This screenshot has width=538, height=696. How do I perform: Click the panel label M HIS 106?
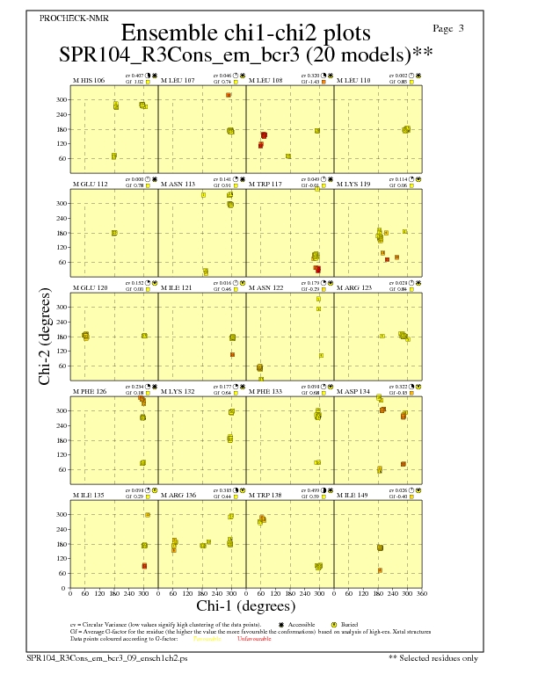click(x=89, y=80)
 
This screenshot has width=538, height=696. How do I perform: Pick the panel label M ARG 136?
click(x=178, y=495)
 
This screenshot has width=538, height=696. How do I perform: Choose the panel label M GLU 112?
click(x=90, y=184)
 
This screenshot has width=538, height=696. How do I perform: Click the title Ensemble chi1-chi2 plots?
click(x=239, y=33)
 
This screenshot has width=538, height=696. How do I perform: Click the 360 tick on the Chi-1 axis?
click(x=422, y=594)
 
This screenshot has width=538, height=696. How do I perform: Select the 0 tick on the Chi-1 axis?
click(x=70, y=594)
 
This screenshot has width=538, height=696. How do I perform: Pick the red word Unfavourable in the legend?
click(x=256, y=639)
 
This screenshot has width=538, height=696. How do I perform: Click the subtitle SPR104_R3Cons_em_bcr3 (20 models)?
click(x=239, y=54)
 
